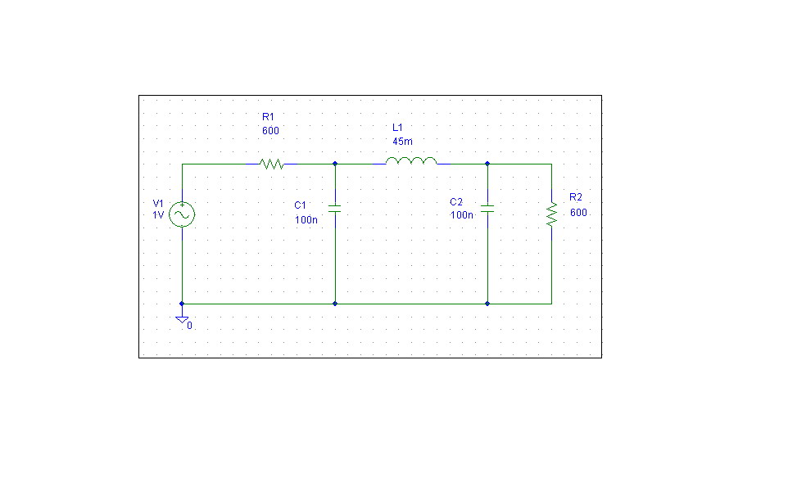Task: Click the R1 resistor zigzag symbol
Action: coord(272,164)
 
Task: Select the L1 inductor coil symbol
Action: coord(411,160)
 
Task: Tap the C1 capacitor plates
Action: coord(335,209)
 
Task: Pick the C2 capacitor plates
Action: coord(487,209)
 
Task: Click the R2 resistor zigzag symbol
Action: coord(552,215)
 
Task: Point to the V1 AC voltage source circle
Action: coord(182,214)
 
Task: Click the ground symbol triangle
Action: coord(182,320)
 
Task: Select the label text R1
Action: coord(269,117)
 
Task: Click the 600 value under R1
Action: coord(270,131)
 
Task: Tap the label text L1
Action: coord(397,128)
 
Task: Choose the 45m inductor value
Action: coord(402,142)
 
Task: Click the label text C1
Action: coord(300,205)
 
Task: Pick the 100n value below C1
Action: coord(306,220)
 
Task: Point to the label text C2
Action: coord(456,202)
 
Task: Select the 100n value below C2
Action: coord(462,215)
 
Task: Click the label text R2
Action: coord(576,197)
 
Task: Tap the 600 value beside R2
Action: coord(578,213)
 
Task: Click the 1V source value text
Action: coord(158,215)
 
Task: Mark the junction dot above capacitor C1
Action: coord(335,164)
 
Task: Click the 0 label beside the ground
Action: coord(189,326)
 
